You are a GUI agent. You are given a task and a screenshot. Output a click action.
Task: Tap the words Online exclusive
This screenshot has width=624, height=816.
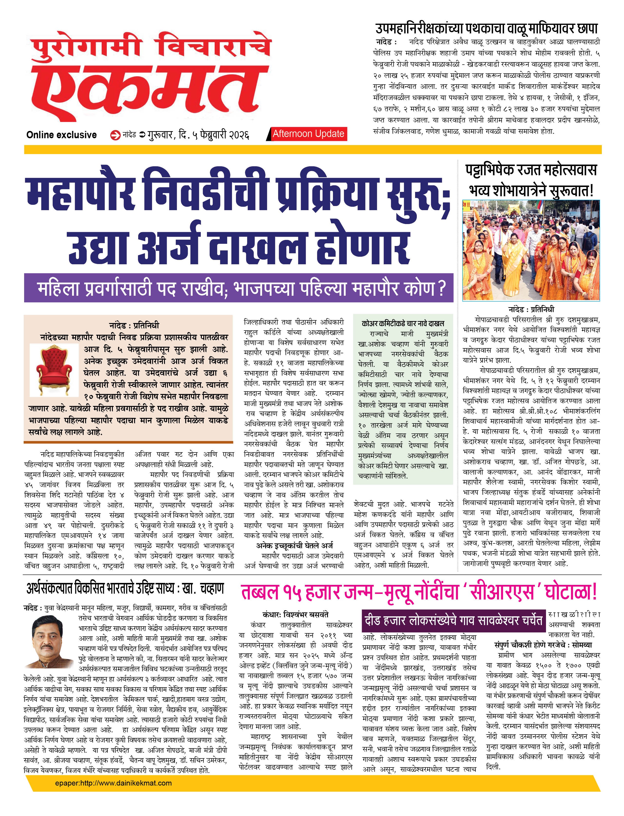[61, 135]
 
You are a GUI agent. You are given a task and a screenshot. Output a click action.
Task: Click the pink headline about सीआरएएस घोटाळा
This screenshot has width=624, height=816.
[419, 592]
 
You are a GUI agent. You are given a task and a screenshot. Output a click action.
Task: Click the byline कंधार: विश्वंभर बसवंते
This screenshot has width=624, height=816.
[295, 615]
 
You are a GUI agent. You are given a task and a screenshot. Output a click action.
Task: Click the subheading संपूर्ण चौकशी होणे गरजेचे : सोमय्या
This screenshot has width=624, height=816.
[543, 645]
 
